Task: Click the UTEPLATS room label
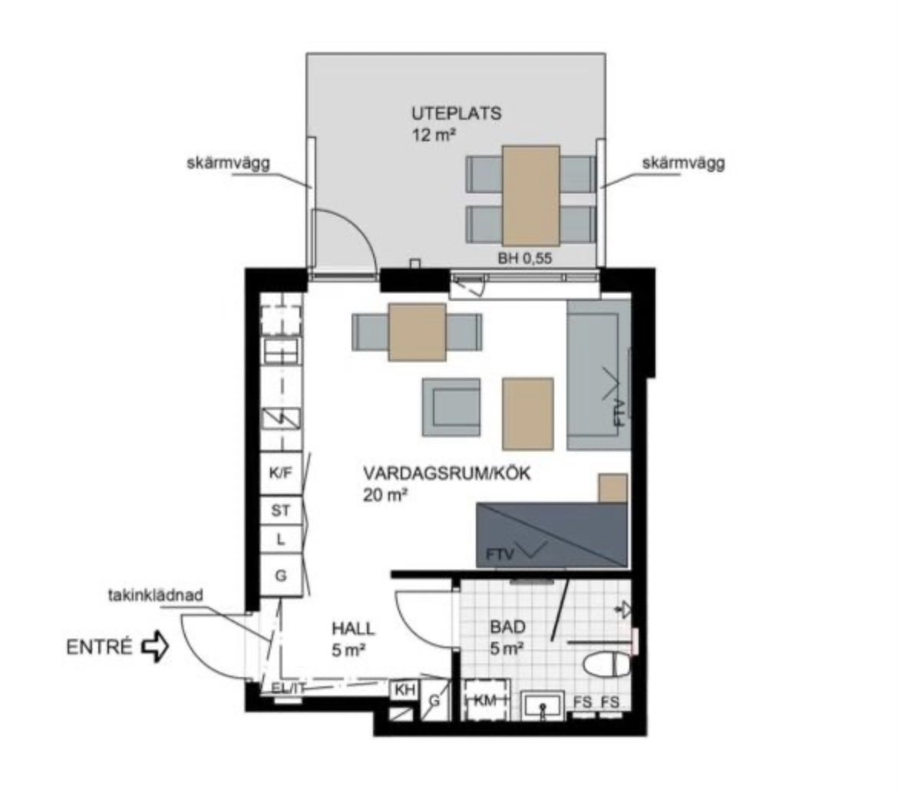pyautogui.click(x=456, y=113)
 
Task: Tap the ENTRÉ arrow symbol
pyautogui.click(x=154, y=647)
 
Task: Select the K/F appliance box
pyautogui.click(x=281, y=474)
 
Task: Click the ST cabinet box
pyautogui.click(x=281, y=510)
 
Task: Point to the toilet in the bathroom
pyautogui.click(x=607, y=665)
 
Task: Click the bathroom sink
pyautogui.click(x=543, y=705)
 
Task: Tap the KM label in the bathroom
pyautogui.click(x=485, y=699)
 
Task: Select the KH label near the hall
pyautogui.click(x=405, y=690)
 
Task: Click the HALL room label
pyautogui.click(x=353, y=629)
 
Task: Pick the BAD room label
pyautogui.click(x=507, y=627)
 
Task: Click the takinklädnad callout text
pyautogui.click(x=155, y=595)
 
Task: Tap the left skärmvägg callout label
pyautogui.click(x=228, y=163)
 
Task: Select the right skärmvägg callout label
pyautogui.click(x=683, y=163)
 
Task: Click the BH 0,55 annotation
pyautogui.click(x=524, y=259)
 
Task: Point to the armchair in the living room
pyautogui.click(x=451, y=408)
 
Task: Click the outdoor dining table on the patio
pyautogui.click(x=531, y=196)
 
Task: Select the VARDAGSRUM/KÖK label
pyautogui.click(x=447, y=474)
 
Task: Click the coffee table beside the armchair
pyautogui.click(x=528, y=414)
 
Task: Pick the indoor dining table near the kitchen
pyautogui.click(x=417, y=332)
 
